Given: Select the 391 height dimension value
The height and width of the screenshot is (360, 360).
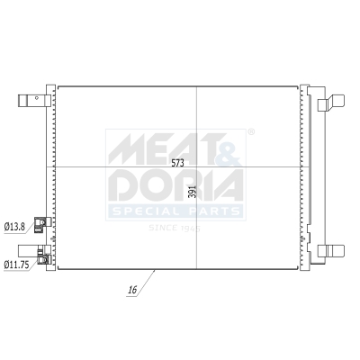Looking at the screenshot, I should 191,193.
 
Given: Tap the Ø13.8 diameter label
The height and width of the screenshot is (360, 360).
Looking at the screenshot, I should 14,226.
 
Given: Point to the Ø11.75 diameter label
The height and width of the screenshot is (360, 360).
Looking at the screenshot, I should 16,264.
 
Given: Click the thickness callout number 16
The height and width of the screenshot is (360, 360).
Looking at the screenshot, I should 131,290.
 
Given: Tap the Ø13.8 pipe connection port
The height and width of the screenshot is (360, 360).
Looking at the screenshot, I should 40,224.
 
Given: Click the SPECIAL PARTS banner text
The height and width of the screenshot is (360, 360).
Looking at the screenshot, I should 175,211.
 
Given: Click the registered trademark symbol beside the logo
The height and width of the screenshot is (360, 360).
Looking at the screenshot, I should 250,132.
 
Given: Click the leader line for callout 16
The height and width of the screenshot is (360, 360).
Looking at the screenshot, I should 148,280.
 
